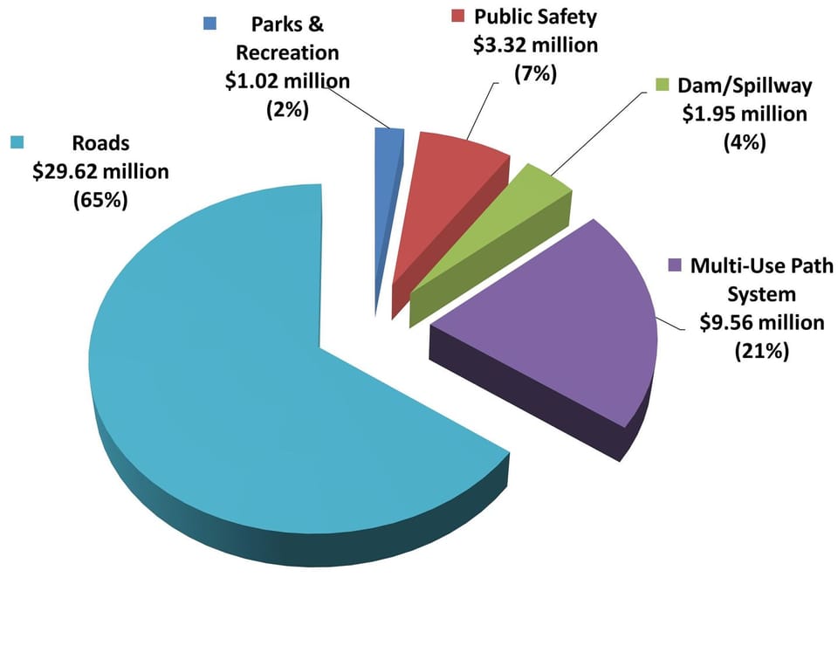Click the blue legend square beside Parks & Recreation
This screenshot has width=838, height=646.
click(x=209, y=24)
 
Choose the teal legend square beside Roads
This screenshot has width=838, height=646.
click(x=16, y=141)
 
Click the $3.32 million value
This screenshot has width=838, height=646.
click(x=535, y=45)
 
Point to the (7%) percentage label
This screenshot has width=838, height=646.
click(x=534, y=73)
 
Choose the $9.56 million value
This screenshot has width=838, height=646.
click(x=762, y=322)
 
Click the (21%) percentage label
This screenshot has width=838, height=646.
click(x=761, y=351)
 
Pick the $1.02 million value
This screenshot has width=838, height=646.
click(x=286, y=81)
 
